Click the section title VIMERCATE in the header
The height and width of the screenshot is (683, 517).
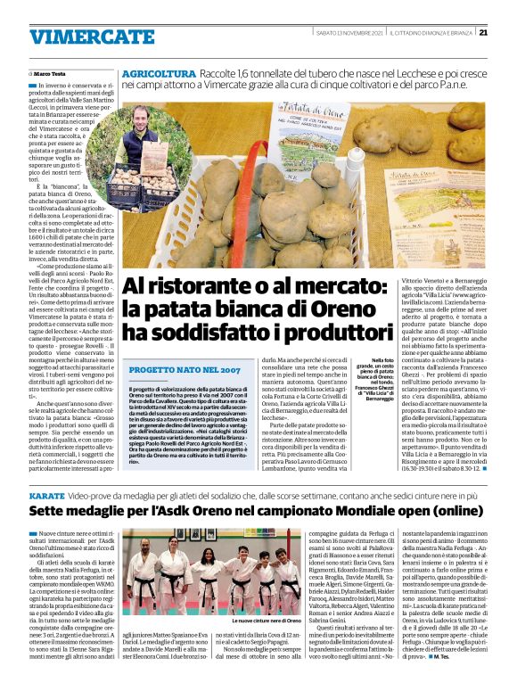coord(78,37)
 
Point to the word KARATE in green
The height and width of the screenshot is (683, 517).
coord(47,493)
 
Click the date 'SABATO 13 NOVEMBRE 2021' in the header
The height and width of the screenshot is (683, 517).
coord(352,34)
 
